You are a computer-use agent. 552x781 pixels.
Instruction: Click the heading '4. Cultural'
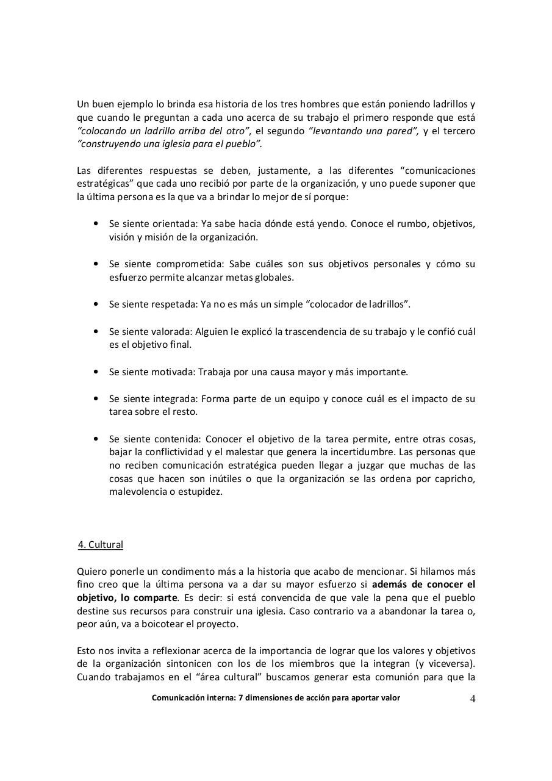tap(101, 545)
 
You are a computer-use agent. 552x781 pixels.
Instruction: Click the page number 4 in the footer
tap(473, 699)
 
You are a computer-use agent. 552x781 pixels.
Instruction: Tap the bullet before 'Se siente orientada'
tap(96, 223)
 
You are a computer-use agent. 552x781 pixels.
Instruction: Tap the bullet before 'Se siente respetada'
tap(96, 304)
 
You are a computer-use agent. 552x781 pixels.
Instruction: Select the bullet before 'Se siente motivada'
tap(96, 371)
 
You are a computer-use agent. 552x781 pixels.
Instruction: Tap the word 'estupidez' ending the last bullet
tap(203, 492)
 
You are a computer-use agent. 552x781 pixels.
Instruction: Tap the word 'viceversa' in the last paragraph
tap(451, 664)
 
